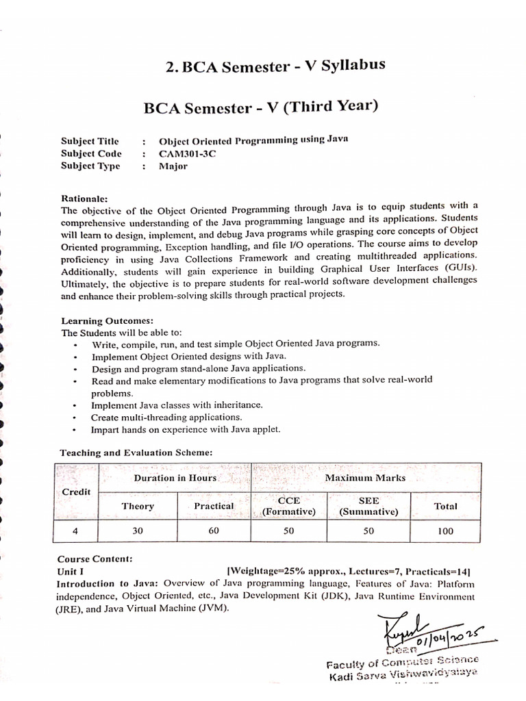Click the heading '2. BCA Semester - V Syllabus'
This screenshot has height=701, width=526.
click(x=275, y=66)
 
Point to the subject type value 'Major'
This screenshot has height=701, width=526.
click(x=173, y=166)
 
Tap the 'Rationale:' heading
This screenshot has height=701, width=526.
click(x=84, y=198)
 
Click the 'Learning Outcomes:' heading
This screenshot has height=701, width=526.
click(x=108, y=320)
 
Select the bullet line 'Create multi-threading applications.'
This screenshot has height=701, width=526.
click(x=166, y=417)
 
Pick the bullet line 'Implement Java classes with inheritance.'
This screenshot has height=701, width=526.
click(x=177, y=405)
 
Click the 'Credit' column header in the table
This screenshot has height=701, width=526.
click(x=76, y=492)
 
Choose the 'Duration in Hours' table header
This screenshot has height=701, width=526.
click(x=175, y=478)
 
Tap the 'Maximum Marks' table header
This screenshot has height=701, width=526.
click(x=365, y=478)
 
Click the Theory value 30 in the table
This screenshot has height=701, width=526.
click(x=138, y=531)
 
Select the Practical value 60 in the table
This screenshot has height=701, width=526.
click(x=214, y=531)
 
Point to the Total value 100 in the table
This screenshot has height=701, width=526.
click(x=445, y=531)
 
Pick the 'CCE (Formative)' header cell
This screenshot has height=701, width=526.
click(x=288, y=506)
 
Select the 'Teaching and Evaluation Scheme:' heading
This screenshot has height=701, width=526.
click(x=136, y=453)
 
